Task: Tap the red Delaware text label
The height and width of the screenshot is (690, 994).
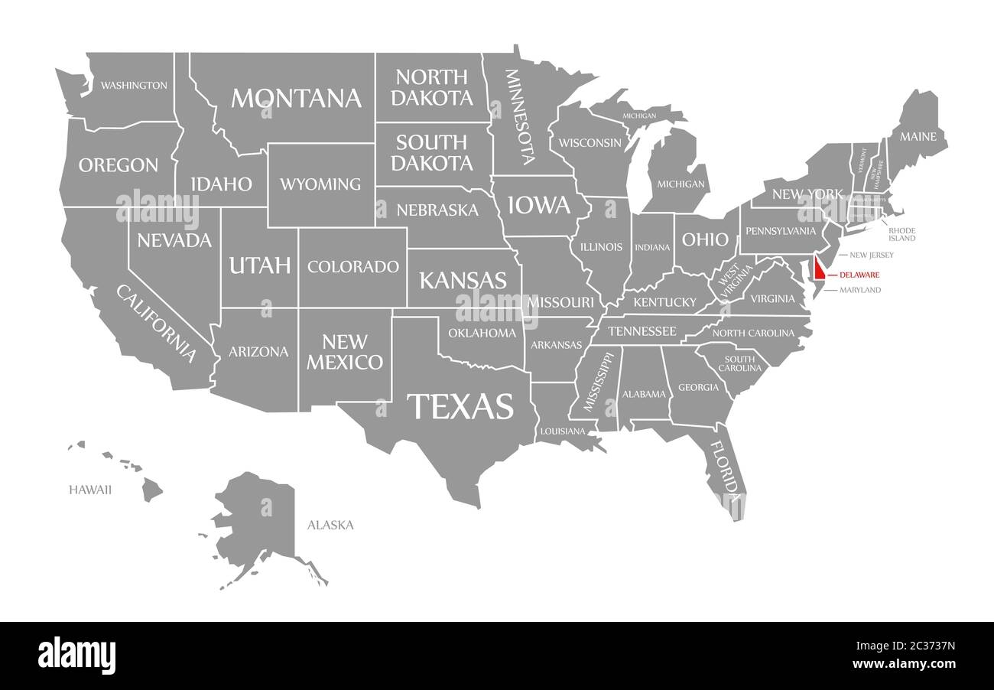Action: coord(859,275)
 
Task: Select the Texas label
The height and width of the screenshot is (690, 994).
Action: coord(460,406)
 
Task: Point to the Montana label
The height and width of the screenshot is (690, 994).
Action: coord(296,98)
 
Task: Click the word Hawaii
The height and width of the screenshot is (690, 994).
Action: coord(90,490)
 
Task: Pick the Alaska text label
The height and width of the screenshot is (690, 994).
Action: coord(330,525)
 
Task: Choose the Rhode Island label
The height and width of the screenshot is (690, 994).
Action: coord(901,234)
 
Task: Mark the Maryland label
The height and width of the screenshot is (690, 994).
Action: coord(860,290)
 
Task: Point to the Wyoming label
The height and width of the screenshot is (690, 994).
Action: coord(320,184)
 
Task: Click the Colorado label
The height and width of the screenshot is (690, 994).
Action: coord(353,267)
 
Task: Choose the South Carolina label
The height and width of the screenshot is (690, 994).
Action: coord(739,363)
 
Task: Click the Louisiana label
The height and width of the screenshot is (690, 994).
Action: coord(562,431)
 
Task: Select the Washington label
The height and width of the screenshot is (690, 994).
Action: coord(134,85)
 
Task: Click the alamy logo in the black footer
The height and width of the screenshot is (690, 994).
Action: coord(76,656)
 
